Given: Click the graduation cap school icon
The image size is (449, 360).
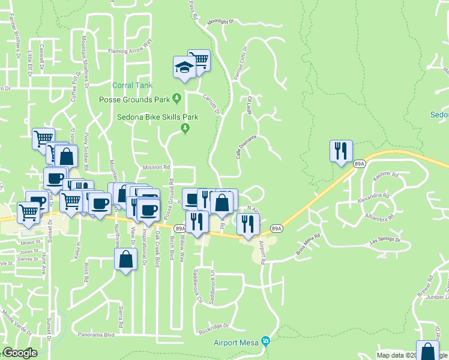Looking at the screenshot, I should coord(184,68).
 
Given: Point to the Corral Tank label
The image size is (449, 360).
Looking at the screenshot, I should coord(127,86).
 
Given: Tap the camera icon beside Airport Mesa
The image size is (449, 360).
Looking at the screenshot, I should coord(265,342).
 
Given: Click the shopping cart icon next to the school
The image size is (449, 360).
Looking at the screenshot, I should coord(199,61).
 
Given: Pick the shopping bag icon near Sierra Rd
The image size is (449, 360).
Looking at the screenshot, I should coord(125,260).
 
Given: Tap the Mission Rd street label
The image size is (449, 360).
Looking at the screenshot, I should coord(157,168).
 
